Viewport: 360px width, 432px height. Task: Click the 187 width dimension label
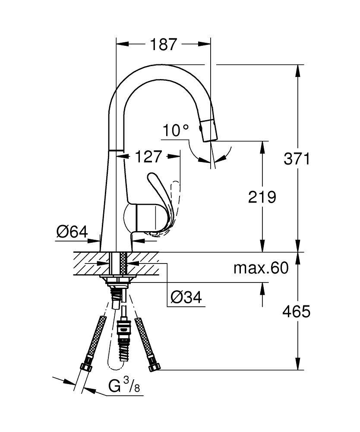164,44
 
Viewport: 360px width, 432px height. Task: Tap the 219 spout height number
262,197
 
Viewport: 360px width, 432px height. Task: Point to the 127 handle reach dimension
148,156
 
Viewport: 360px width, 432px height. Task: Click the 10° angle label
176,130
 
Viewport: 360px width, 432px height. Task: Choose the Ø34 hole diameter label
186,297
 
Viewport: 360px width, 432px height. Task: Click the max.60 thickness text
261,268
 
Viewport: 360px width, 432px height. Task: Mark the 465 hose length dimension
297,311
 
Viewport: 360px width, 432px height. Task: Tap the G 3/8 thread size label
123,386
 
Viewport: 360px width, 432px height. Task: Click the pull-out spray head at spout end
208,128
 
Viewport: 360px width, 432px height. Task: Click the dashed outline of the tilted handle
175,203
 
